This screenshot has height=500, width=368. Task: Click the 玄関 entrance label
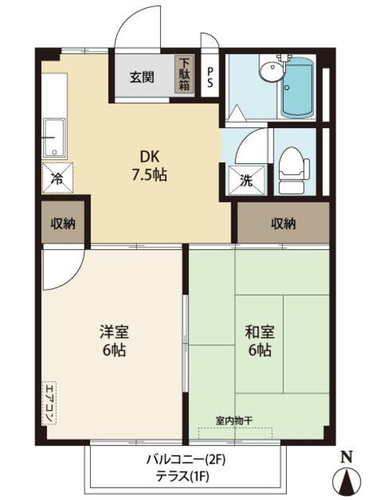[x=141, y=77]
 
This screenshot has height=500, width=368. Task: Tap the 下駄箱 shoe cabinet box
[x=184, y=76]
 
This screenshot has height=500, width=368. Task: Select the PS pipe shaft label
[x=210, y=76]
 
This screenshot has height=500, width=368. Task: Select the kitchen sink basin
[x=55, y=139]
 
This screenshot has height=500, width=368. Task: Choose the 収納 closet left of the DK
[x=63, y=224]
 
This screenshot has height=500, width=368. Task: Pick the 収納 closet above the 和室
[x=284, y=224]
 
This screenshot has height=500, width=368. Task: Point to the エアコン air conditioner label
[x=49, y=402]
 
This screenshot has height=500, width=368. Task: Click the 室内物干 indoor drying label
[x=234, y=420]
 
